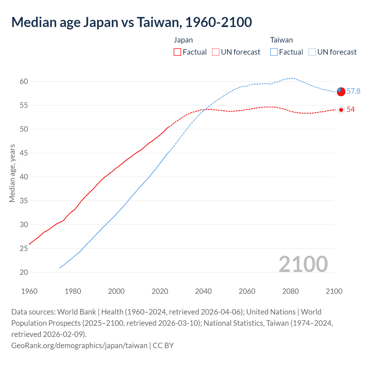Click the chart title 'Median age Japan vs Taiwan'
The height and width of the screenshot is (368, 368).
(x=131, y=22)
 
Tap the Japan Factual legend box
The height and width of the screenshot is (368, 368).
(x=177, y=52)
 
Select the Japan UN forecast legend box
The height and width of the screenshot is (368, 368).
(x=216, y=52)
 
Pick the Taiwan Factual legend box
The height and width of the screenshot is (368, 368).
(x=274, y=52)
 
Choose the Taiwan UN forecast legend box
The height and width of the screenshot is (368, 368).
(x=312, y=52)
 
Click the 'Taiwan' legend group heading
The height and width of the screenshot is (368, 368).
(x=281, y=40)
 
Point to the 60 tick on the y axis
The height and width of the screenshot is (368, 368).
(x=24, y=82)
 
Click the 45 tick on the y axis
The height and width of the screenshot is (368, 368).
(x=24, y=153)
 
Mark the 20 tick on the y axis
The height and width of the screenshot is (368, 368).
(x=24, y=272)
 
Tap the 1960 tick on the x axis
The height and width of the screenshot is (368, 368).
(x=29, y=291)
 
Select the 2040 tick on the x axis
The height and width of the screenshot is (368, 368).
(x=203, y=291)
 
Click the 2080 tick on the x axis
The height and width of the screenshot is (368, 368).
(x=290, y=291)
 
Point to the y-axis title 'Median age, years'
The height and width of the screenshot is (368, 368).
(x=12, y=173)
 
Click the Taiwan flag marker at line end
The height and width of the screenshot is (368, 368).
(x=341, y=91)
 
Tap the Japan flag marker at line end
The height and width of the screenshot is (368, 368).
(x=341, y=110)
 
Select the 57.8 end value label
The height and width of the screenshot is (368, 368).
(x=353, y=91)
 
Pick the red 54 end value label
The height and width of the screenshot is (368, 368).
(x=350, y=110)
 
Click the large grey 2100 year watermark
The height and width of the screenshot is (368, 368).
(x=303, y=264)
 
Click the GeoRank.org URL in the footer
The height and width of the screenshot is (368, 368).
(x=79, y=345)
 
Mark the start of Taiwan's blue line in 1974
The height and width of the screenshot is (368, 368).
(x=60, y=268)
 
